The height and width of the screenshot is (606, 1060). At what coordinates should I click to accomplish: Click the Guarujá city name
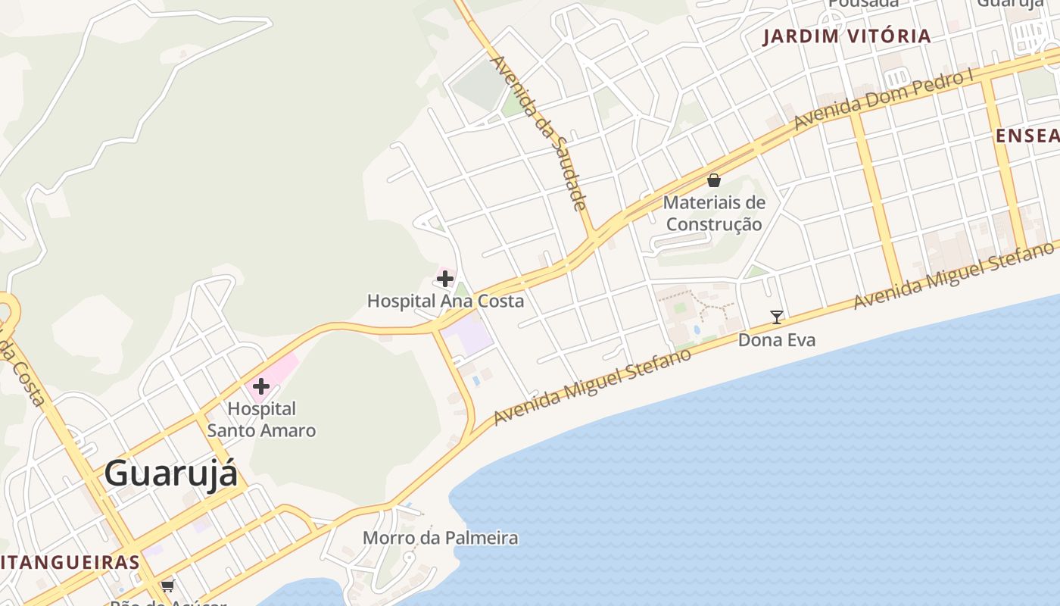click(x=170, y=474)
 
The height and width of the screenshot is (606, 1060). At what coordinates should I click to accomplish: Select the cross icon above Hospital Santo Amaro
click(x=261, y=386)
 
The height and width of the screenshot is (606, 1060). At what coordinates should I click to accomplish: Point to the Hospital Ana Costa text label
click(x=445, y=301)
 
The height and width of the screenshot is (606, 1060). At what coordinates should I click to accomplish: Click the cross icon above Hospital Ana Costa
click(x=445, y=279)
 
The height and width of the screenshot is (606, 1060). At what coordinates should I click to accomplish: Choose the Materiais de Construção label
click(x=714, y=213)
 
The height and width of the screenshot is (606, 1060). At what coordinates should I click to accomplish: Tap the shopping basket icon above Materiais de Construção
click(x=713, y=180)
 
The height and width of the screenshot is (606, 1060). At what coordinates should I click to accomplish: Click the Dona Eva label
click(x=777, y=340)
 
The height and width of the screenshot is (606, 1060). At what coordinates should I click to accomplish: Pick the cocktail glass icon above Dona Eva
click(x=776, y=317)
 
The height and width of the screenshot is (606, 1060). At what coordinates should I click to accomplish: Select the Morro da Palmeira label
click(x=440, y=538)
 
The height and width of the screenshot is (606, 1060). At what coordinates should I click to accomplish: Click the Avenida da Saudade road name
click(x=539, y=133)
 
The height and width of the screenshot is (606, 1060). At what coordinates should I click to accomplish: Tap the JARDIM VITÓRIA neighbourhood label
click(x=846, y=36)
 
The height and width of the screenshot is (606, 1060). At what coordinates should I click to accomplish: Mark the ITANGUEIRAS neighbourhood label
click(x=70, y=562)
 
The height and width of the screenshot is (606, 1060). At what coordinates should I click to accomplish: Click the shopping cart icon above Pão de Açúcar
click(x=167, y=586)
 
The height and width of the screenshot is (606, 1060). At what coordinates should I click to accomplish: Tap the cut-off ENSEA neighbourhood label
click(x=1027, y=136)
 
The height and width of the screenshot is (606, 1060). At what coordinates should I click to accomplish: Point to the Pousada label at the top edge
click(x=862, y=3)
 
